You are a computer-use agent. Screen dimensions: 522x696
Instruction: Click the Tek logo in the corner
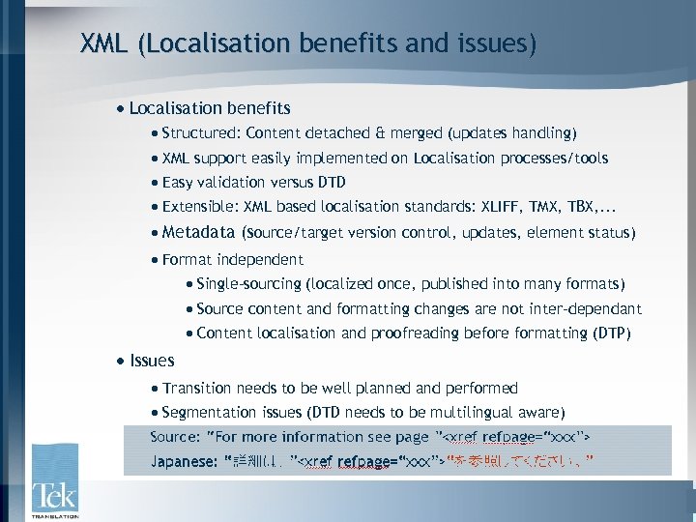point(54,481)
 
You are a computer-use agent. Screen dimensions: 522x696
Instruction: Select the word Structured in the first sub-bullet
point(200,132)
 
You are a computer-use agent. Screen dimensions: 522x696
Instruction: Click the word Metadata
point(198,232)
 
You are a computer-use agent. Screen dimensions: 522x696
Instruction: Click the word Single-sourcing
point(248,284)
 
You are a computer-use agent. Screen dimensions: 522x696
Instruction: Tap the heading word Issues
point(152,361)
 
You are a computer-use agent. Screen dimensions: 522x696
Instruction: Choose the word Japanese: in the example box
point(184,462)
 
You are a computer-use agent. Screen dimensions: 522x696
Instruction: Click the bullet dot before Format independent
point(155,260)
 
